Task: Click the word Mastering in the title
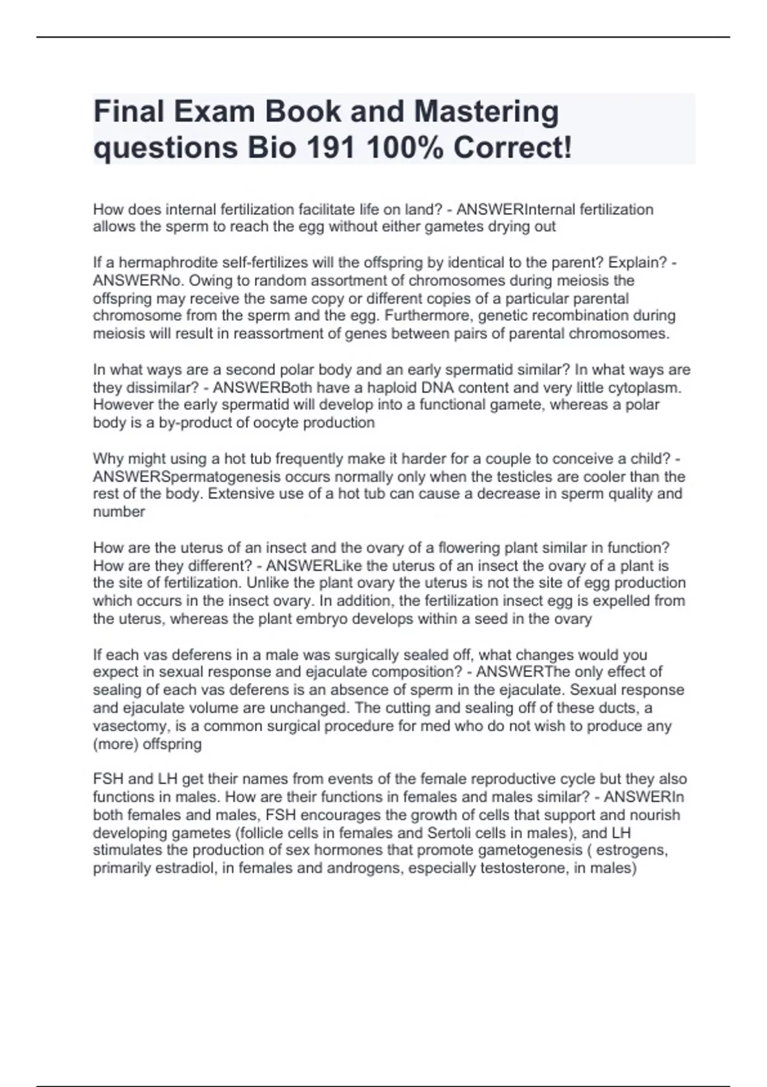(486, 113)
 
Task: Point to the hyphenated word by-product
(194, 423)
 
